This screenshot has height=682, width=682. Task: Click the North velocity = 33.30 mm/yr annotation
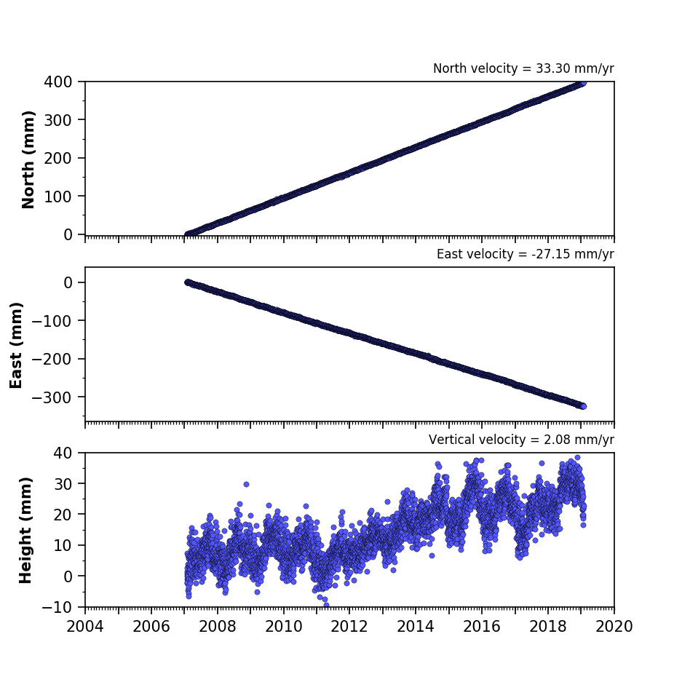(x=523, y=68)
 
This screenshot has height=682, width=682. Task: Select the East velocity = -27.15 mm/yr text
(x=526, y=254)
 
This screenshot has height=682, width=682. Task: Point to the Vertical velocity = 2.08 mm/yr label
(x=521, y=440)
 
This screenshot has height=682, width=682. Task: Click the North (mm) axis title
(x=28, y=159)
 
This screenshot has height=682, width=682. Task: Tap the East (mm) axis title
(x=16, y=345)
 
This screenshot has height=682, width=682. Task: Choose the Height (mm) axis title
(x=25, y=530)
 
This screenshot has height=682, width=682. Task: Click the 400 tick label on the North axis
(x=58, y=82)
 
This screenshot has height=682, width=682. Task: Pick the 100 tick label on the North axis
(x=58, y=197)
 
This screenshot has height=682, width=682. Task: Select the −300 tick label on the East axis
(x=52, y=397)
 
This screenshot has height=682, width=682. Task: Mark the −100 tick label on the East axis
(x=52, y=320)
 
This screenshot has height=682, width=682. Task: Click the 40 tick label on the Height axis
(x=63, y=453)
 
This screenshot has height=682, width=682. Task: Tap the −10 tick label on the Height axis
(x=57, y=607)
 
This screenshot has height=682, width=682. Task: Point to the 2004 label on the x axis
(x=85, y=627)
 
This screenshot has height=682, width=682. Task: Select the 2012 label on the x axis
(x=349, y=627)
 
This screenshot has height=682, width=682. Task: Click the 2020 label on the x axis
(x=614, y=627)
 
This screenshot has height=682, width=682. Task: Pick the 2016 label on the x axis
(x=482, y=627)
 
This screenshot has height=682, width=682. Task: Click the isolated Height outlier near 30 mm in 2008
(x=246, y=484)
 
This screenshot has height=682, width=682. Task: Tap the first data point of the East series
(x=188, y=282)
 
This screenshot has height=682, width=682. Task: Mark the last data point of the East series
(x=584, y=406)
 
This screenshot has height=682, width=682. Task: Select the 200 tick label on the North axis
(x=58, y=158)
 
